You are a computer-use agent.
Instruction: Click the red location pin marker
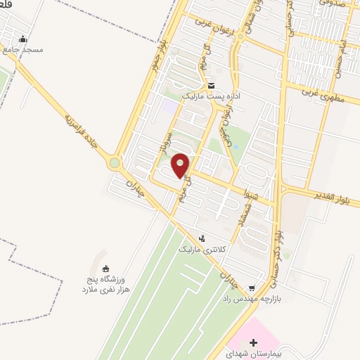click(x=181, y=165)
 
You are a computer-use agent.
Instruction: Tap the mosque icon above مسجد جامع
click(x=23, y=39)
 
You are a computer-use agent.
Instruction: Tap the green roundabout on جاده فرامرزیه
click(x=114, y=165)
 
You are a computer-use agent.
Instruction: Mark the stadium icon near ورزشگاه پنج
click(x=105, y=268)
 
